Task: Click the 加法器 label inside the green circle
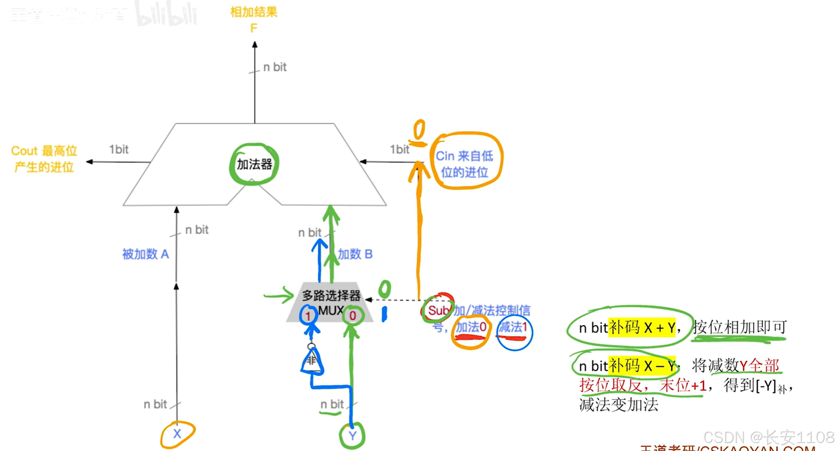click(254, 164)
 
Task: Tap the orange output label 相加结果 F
click(253, 19)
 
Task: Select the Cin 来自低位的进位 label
click(464, 164)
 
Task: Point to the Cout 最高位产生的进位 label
click(44, 159)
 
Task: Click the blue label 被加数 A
click(145, 254)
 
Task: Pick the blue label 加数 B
click(355, 254)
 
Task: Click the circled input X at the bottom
click(177, 434)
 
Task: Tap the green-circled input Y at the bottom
click(352, 436)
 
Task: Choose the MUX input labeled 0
click(353, 316)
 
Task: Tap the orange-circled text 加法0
click(471, 327)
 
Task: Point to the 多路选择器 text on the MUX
click(331, 296)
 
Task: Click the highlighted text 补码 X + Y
click(641, 328)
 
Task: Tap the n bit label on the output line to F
click(275, 67)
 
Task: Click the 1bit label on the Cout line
click(119, 150)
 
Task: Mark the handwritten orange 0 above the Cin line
click(419, 130)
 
